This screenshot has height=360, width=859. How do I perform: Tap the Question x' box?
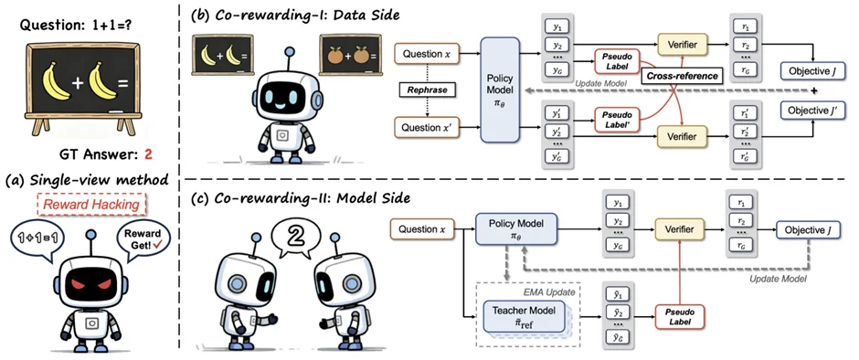(x=426, y=127)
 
